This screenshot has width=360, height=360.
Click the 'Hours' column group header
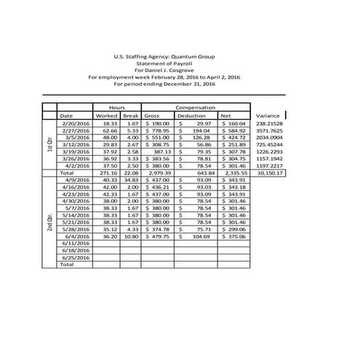click(x=116, y=107)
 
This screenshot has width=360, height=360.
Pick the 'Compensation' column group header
click(x=195, y=107)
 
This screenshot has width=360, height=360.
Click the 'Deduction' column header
click(x=191, y=115)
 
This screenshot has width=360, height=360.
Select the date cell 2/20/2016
click(x=75, y=124)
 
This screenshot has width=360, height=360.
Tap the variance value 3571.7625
click(x=271, y=130)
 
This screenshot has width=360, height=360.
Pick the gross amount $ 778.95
click(x=157, y=130)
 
